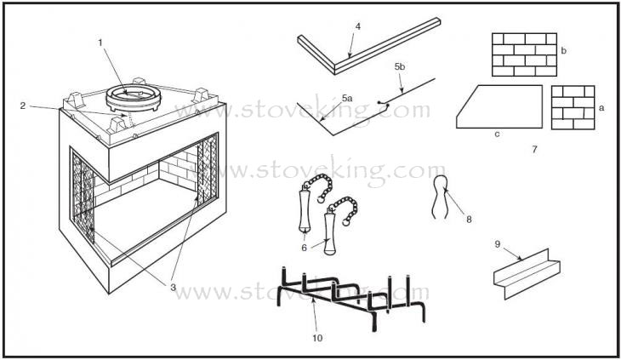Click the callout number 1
click(x=100, y=43)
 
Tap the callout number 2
click(x=23, y=106)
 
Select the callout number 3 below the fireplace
click(x=173, y=287)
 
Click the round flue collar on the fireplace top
click(x=134, y=98)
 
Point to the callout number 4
click(x=358, y=26)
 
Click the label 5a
click(x=347, y=98)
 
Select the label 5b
click(x=400, y=66)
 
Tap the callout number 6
click(x=305, y=248)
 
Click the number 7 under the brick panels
click(x=535, y=149)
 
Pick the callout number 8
click(x=469, y=219)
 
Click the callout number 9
click(x=498, y=244)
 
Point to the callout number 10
click(x=317, y=338)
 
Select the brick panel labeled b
click(x=524, y=54)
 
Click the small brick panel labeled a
click(x=573, y=107)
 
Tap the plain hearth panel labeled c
click(x=499, y=106)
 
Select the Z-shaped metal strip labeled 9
click(x=527, y=274)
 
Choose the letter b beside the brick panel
click(x=563, y=51)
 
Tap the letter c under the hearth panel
click(x=497, y=134)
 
